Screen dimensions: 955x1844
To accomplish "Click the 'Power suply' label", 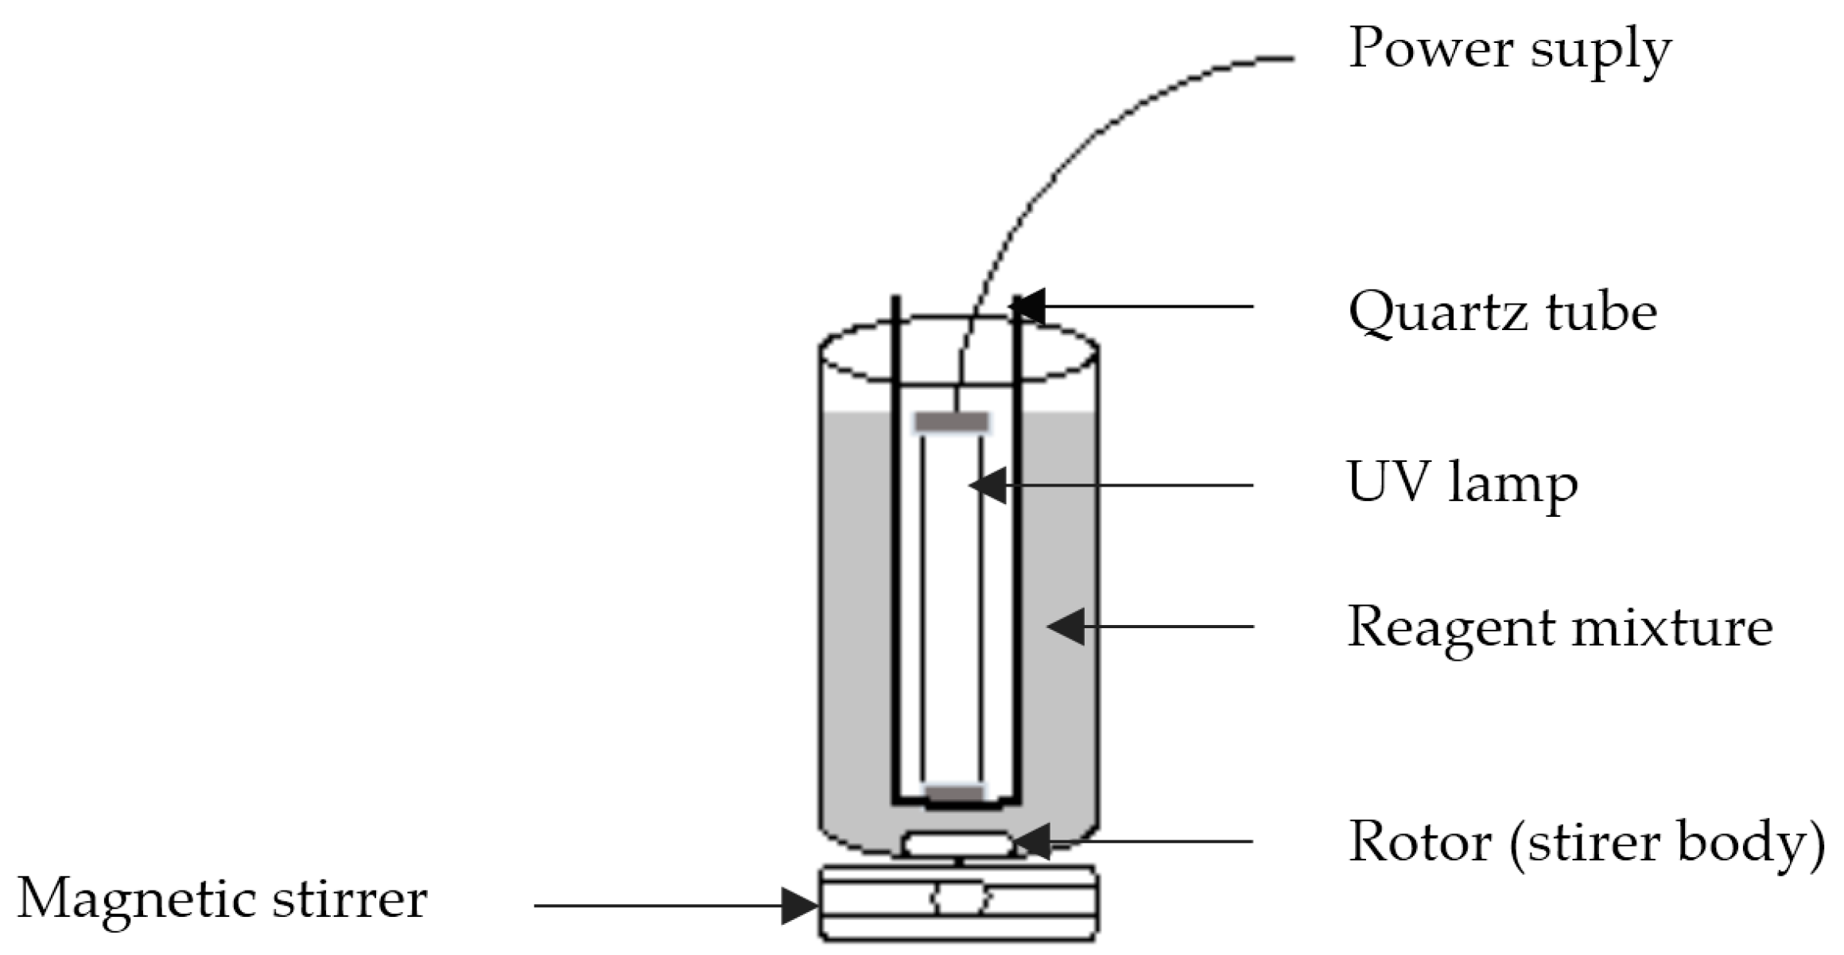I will [1509, 49].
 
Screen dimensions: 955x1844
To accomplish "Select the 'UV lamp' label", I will [1462, 483].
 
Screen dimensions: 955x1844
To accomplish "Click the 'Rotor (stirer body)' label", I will [1586, 841].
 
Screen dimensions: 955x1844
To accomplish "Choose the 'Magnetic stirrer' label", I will [222, 899].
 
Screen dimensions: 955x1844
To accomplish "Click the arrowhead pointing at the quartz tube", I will [1029, 307].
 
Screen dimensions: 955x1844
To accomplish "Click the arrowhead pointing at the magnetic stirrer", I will [798, 905].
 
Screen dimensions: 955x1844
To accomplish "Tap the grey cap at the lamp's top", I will [952, 422].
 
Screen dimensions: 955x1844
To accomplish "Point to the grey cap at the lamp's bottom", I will [954, 794].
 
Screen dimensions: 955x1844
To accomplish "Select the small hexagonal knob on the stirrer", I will [961, 899].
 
